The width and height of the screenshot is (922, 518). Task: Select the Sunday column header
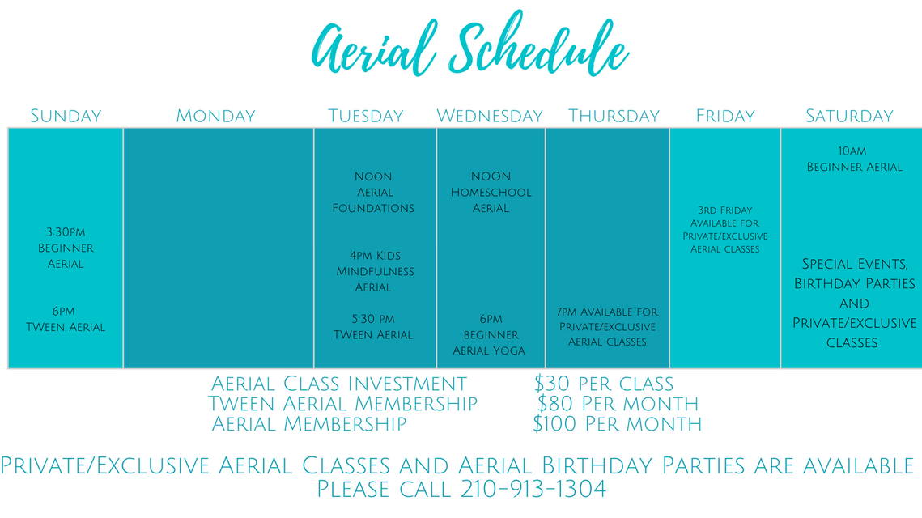(x=66, y=116)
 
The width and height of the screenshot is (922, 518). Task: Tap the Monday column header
(x=216, y=116)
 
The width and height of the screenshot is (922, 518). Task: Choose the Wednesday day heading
(x=490, y=116)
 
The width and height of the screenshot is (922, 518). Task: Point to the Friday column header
(x=725, y=116)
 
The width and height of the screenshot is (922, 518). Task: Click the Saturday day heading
(x=849, y=116)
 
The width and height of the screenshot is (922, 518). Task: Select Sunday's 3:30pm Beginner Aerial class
(x=66, y=248)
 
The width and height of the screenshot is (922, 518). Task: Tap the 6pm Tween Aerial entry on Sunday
(x=66, y=319)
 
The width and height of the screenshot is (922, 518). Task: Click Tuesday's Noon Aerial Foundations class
(x=373, y=193)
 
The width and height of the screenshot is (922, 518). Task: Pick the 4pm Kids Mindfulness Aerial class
(x=375, y=272)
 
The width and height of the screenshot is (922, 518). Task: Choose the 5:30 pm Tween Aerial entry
(x=373, y=327)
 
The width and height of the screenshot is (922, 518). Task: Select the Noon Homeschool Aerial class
(x=491, y=193)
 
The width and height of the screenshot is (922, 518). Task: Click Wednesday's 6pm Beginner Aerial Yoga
(x=489, y=335)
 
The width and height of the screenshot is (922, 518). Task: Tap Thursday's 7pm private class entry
(x=607, y=327)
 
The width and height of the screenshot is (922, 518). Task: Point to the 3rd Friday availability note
(x=725, y=229)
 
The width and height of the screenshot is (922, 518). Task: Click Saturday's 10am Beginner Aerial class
(x=854, y=159)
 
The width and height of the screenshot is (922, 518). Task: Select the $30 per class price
(x=604, y=384)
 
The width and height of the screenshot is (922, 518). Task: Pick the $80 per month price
(x=618, y=404)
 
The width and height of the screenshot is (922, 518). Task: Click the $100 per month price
(x=617, y=424)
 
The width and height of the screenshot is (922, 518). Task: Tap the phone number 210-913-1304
(x=533, y=489)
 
